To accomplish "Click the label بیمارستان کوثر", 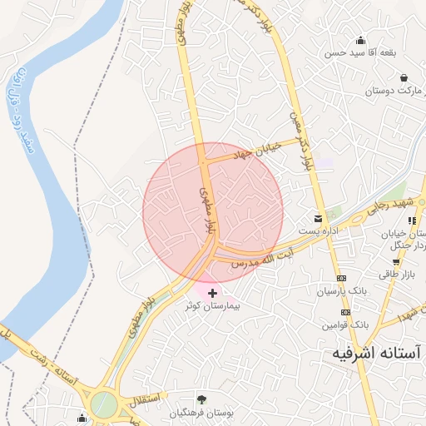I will click(212, 306).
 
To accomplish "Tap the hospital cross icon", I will click(213, 293).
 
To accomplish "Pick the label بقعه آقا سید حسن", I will click(359, 52).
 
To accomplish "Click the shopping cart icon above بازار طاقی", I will click(396, 262).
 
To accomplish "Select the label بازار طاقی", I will click(396, 275).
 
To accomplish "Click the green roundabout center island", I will click(104, 405).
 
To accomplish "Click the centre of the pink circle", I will click(213, 211).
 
